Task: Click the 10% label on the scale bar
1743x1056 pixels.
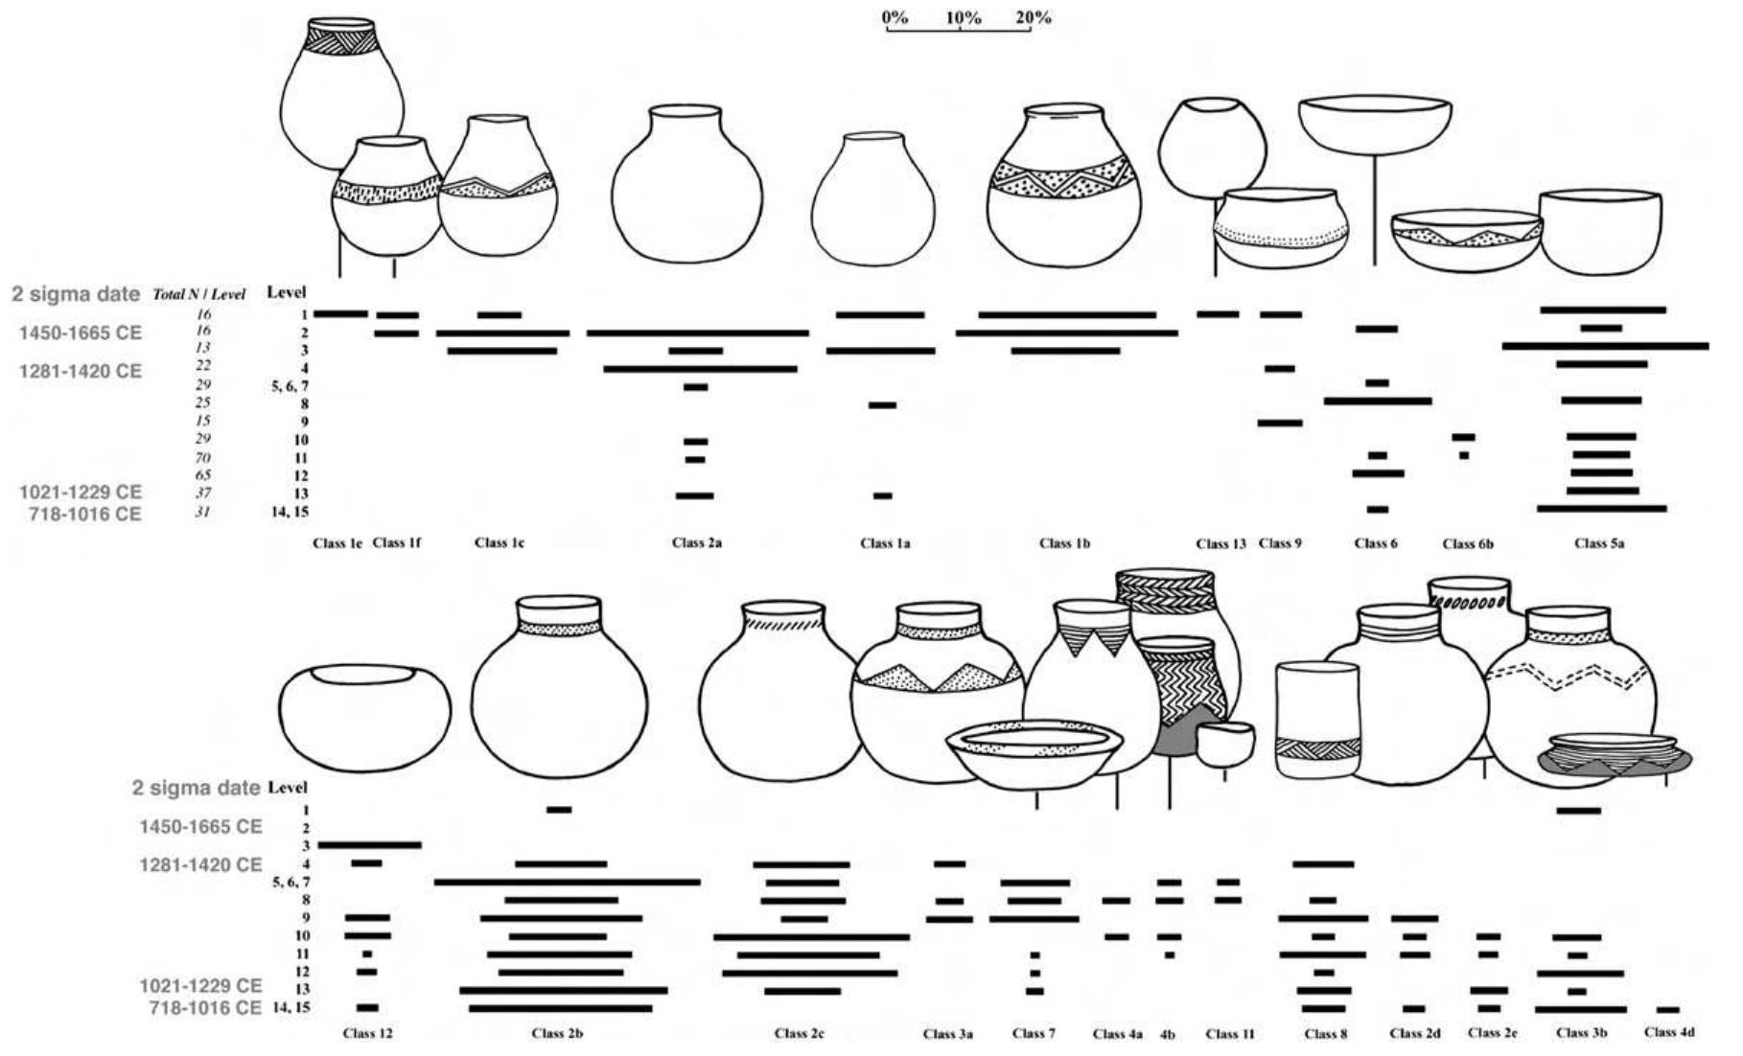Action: (963, 17)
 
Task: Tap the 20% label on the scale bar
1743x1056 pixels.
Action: (1033, 17)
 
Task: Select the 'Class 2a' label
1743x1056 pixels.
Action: (697, 542)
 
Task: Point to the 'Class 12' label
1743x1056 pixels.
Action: (367, 1033)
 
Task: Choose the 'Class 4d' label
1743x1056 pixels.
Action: (1669, 1032)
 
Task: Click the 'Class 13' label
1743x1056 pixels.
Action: (1220, 543)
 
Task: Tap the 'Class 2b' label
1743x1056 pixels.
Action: (557, 1033)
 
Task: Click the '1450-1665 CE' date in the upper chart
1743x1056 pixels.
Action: (81, 333)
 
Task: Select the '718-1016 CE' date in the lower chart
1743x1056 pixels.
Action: (204, 1008)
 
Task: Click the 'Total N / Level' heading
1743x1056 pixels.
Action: (199, 294)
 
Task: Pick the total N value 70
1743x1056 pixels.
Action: (202, 457)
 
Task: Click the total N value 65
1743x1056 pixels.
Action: (202, 475)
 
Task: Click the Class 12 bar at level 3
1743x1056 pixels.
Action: (370, 845)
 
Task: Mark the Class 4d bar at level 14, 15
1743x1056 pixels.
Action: (1667, 1009)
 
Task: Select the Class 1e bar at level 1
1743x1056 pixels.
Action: (340, 313)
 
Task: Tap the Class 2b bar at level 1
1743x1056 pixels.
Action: (559, 810)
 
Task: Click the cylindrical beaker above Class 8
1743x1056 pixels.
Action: (1318, 720)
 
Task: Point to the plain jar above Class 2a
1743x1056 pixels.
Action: (686, 184)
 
